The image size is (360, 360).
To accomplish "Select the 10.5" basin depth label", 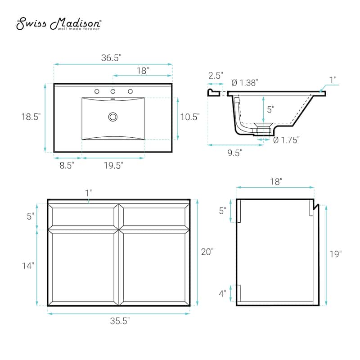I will [x=189, y=117].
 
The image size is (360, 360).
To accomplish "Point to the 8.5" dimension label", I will [x=67, y=165].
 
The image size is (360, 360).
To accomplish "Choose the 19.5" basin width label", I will [x=113, y=165].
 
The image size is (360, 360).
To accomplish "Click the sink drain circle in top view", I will [x=113, y=117].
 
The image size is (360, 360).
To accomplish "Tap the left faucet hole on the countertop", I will [x=96, y=91].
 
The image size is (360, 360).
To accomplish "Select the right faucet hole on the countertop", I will [x=130, y=91].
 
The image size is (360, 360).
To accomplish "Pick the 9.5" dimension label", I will [x=234, y=153].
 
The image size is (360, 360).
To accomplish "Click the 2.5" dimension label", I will [x=215, y=76].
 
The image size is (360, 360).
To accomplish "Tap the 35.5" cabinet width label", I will [x=119, y=321].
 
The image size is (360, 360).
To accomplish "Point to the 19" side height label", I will [x=335, y=254].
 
